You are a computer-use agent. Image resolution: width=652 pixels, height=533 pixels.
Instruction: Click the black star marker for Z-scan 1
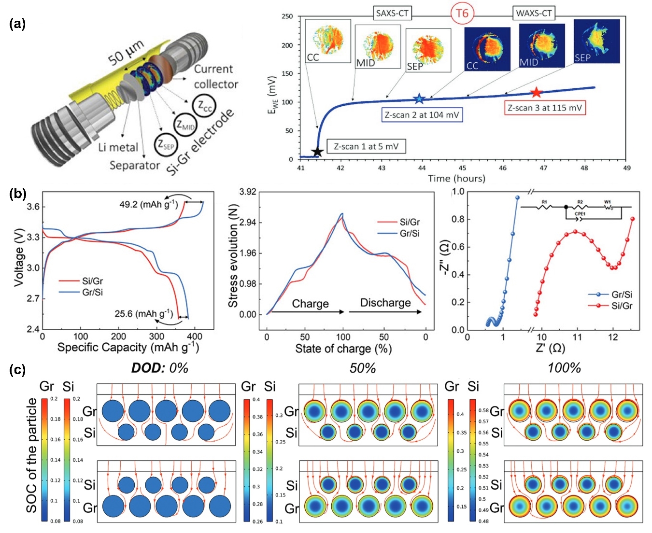[317, 152]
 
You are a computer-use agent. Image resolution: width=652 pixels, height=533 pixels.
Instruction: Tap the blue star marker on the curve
[419, 99]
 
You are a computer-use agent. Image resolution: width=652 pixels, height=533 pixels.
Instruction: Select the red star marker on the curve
[536, 93]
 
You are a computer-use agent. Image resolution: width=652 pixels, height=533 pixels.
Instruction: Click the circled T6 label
[462, 13]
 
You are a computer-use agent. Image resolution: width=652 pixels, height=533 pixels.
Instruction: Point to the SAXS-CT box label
[392, 13]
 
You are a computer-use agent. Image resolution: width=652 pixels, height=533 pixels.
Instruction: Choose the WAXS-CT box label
[534, 13]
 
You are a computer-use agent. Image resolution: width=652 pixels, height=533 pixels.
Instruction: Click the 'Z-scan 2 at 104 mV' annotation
[422, 115]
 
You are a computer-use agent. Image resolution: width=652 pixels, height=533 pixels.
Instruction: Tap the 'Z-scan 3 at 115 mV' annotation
[545, 108]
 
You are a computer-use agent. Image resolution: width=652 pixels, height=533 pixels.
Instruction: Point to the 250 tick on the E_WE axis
[287, 16]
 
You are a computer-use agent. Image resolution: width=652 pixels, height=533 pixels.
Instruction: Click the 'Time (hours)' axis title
[456, 179]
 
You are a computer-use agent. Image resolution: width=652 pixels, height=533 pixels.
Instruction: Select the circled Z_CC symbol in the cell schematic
[204, 106]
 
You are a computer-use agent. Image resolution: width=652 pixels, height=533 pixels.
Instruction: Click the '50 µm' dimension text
[126, 53]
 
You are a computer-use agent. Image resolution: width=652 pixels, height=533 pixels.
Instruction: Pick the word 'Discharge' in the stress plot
[385, 303]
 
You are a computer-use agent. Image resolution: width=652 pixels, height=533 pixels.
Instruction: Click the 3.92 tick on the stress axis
[248, 192]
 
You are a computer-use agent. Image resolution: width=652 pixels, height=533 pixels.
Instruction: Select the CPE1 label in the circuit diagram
[580, 214]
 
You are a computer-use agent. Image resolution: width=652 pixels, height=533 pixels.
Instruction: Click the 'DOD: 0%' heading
[159, 368]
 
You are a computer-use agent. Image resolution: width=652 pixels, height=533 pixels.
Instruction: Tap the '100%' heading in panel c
[564, 368]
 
